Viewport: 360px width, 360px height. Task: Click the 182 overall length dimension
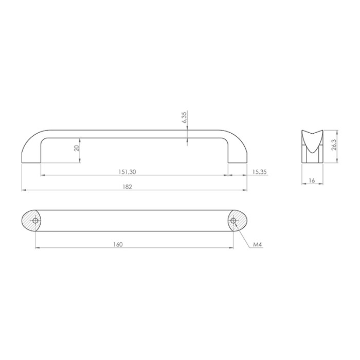click(127, 187)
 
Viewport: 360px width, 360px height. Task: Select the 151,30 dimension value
click(127, 172)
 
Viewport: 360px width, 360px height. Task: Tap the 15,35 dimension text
click(259, 172)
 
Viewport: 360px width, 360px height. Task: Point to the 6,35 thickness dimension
click(185, 117)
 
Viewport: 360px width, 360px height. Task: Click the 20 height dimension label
click(77, 148)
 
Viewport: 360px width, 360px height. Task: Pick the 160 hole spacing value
click(118, 244)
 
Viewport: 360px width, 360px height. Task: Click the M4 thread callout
click(257, 244)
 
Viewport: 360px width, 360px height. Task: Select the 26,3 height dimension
click(334, 145)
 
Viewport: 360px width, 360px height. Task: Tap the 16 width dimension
click(312, 181)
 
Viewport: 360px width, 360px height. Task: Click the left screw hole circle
click(35, 221)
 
